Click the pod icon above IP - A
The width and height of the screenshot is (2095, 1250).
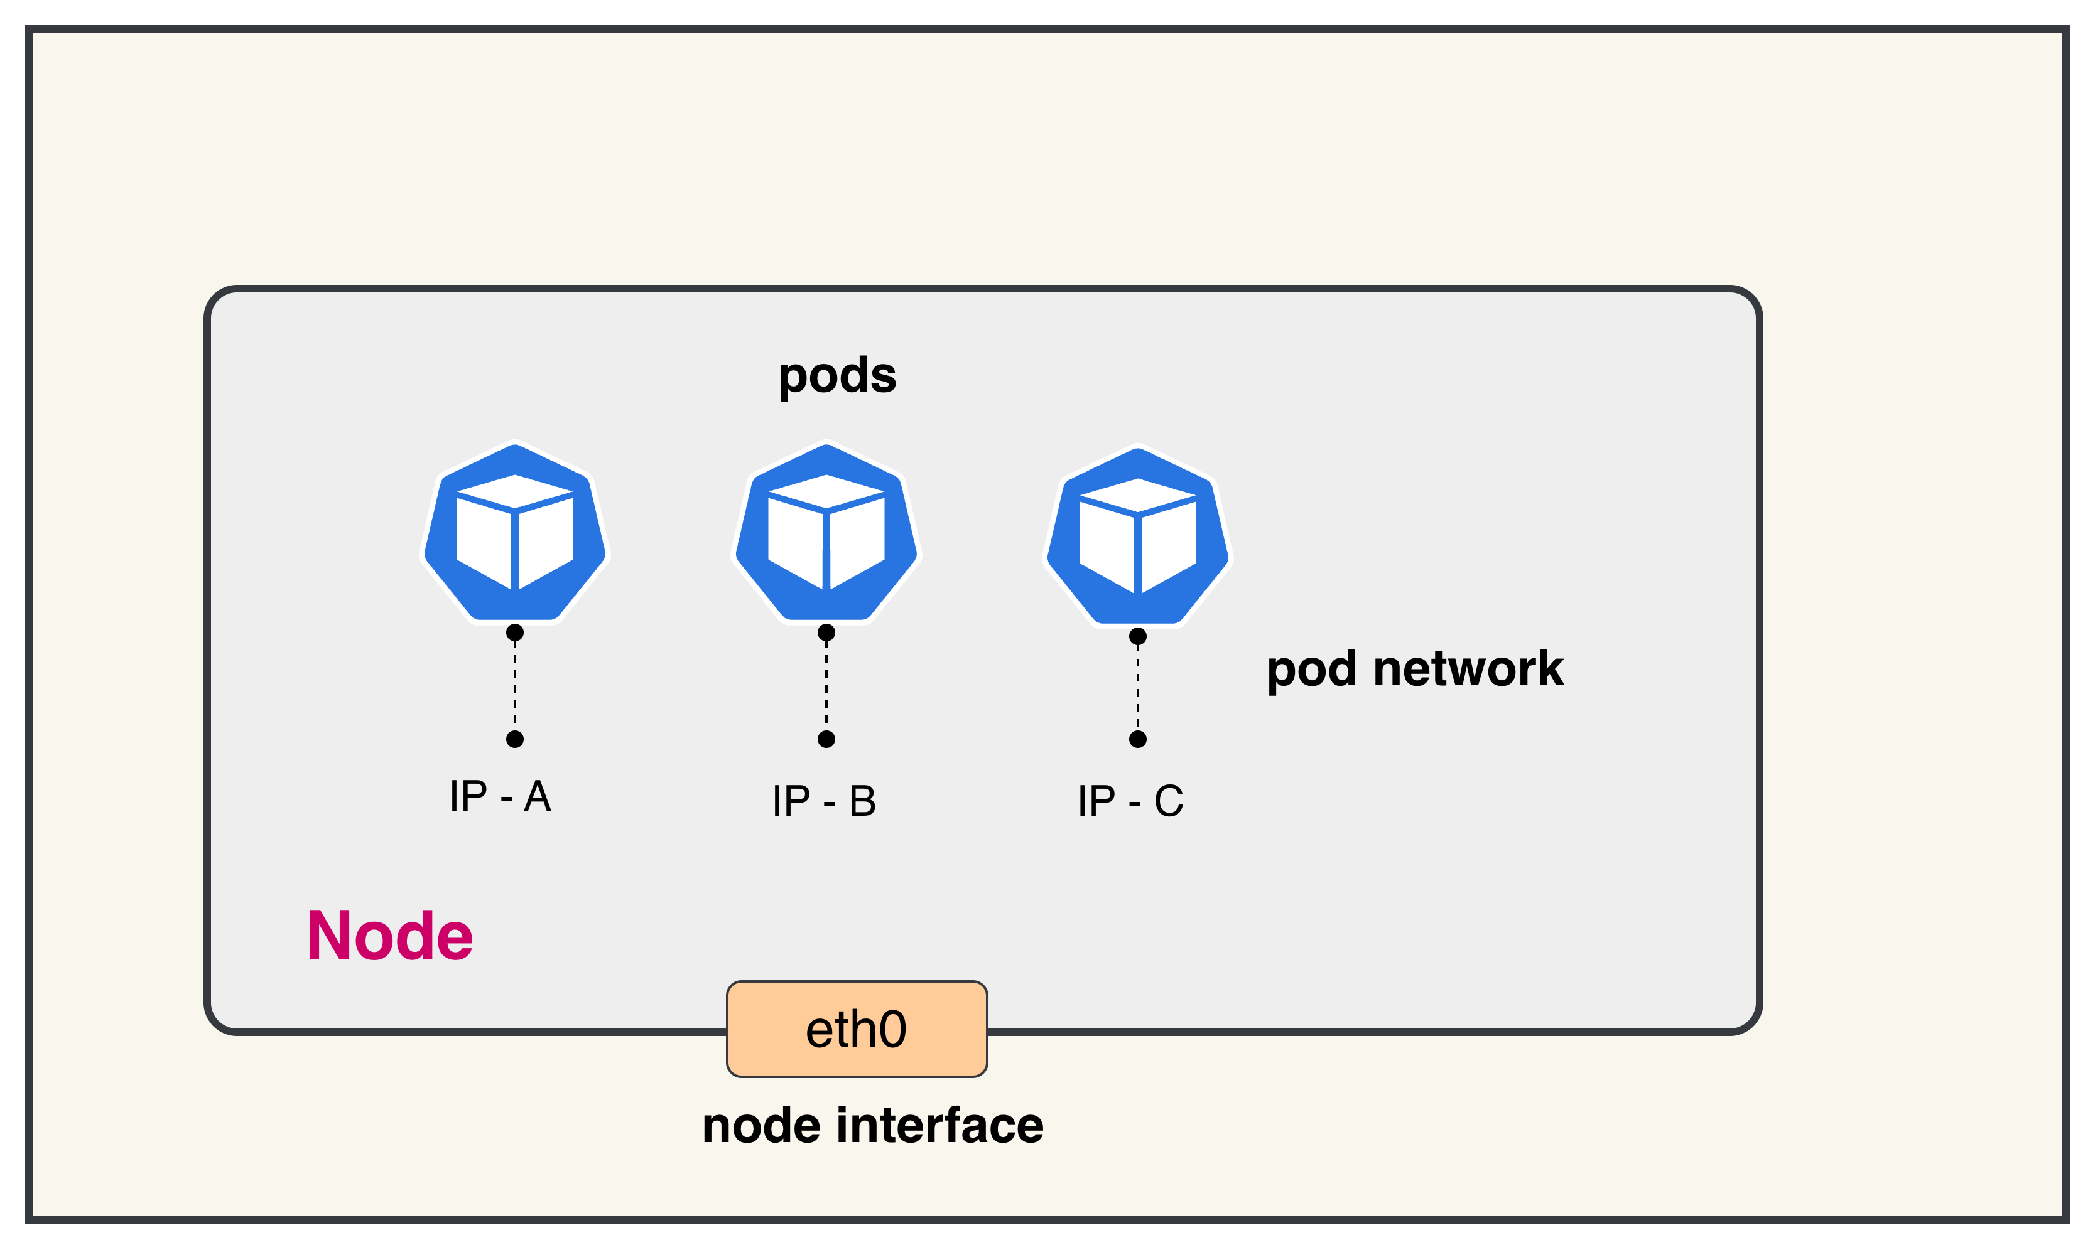click(515, 532)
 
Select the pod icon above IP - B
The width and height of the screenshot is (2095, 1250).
click(826, 532)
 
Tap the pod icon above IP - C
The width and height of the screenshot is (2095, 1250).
click(1138, 536)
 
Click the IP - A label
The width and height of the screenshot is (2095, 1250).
click(501, 796)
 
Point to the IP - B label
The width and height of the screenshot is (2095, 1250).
click(824, 801)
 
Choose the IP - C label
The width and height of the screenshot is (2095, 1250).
click(1130, 801)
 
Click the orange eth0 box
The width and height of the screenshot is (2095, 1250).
click(856, 1028)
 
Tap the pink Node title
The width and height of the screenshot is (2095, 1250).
click(389, 936)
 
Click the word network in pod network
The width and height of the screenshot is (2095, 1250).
click(1468, 670)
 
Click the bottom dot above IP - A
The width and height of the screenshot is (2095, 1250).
click(515, 739)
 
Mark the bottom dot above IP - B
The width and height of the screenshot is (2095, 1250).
click(826, 739)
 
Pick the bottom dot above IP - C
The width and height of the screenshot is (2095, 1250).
click(1138, 739)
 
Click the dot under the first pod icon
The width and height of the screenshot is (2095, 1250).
click(515, 633)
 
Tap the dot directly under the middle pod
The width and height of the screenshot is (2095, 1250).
click(826, 633)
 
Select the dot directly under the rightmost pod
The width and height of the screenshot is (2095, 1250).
click(1138, 636)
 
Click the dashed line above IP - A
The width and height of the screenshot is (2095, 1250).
click(515, 686)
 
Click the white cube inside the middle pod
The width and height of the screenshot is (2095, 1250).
click(826, 532)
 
